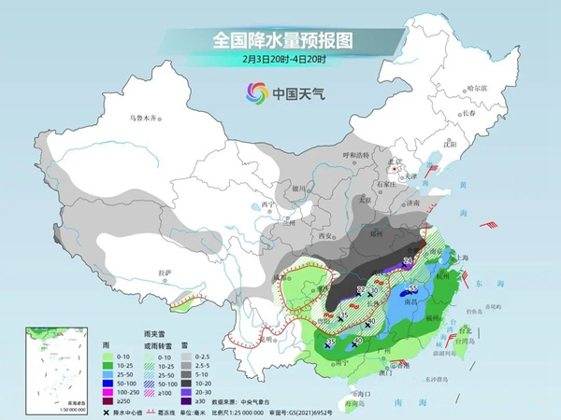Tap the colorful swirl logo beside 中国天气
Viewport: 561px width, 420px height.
point(255,92)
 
